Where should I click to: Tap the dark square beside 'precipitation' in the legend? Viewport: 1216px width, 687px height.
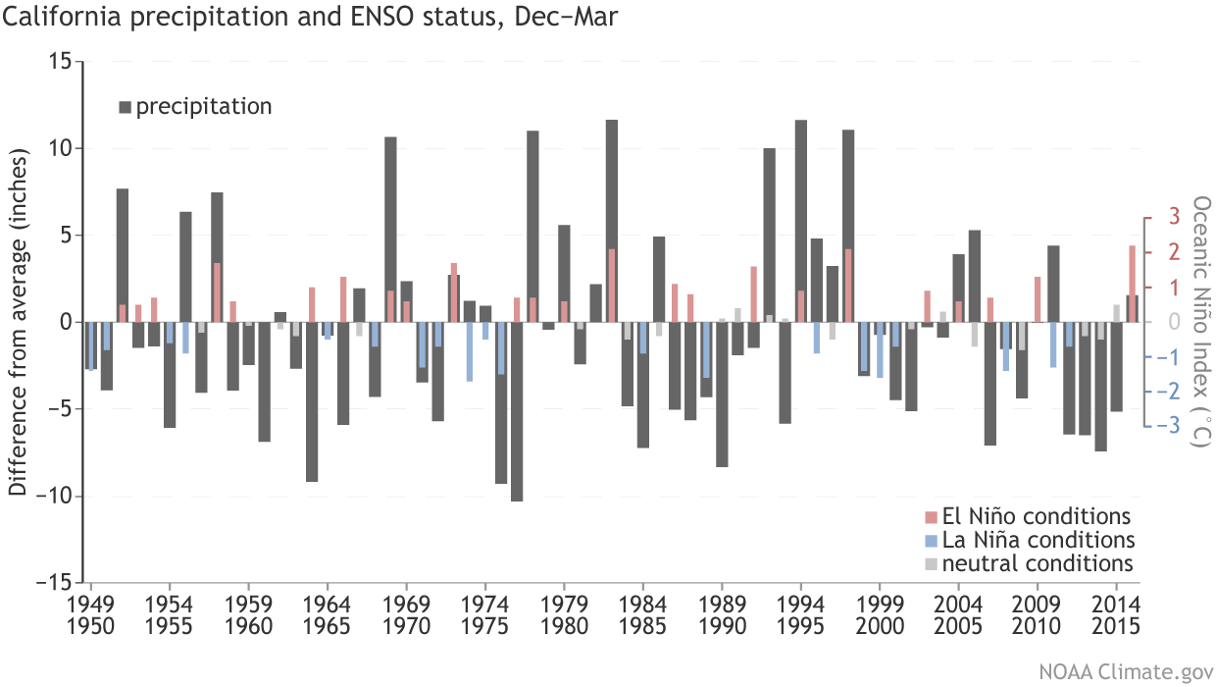125,106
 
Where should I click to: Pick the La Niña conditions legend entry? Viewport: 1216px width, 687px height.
1030,540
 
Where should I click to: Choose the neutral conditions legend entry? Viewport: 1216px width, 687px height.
1030,563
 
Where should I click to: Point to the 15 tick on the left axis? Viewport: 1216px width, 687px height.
60,62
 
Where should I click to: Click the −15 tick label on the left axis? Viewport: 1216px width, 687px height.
53,582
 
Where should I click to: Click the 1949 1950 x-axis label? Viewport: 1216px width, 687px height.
91,615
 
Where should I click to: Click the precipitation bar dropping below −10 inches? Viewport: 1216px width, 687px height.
517,411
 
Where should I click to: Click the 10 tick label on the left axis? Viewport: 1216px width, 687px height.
60,148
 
